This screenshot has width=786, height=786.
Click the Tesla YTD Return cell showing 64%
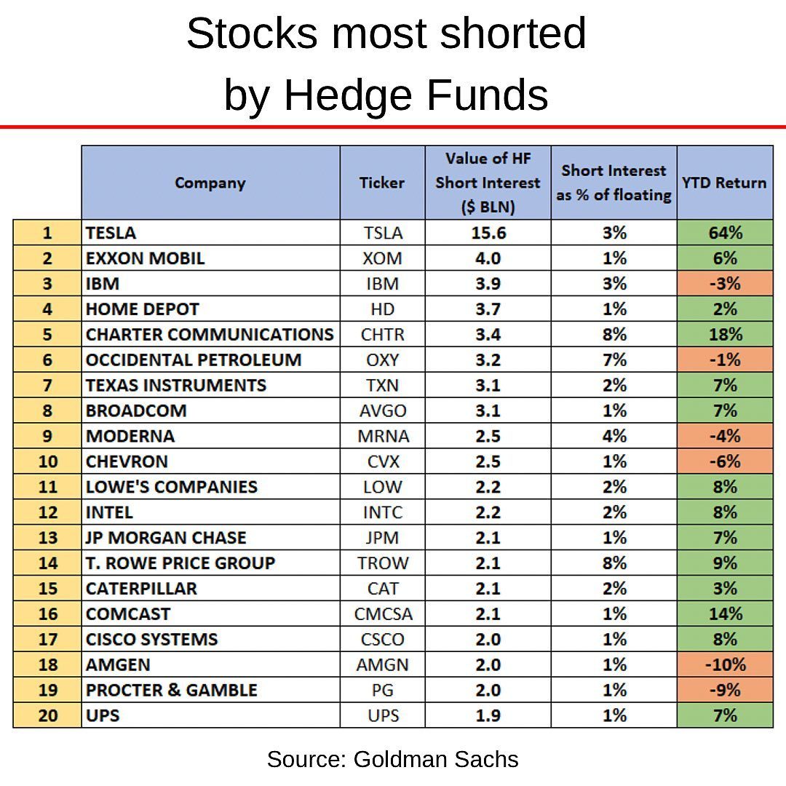click(725, 233)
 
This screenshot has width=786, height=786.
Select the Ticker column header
click(382, 183)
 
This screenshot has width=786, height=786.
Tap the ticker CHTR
click(382, 335)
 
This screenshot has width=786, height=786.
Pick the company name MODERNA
click(130, 436)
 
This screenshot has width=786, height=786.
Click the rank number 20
click(47, 715)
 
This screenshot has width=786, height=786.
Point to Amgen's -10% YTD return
click(725, 664)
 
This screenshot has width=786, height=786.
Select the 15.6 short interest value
click(488, 233)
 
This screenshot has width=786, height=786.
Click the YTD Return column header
click(724, 183)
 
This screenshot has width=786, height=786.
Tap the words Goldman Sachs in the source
click(436, 760)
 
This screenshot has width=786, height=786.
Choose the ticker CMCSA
click(383, 614)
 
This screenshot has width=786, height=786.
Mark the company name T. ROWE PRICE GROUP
click(180, 563)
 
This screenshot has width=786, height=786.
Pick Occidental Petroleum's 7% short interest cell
click(614, 360)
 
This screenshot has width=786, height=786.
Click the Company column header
click(210, 183)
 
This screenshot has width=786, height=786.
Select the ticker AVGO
click(383, 410)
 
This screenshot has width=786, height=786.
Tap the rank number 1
click(47, 233)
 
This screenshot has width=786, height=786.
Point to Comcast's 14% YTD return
click(725, 614)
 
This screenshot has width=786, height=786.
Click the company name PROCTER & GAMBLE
click(172, 690)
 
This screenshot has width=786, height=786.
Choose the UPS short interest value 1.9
click(488, 715)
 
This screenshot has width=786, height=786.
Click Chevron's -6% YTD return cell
click(725, 461)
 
